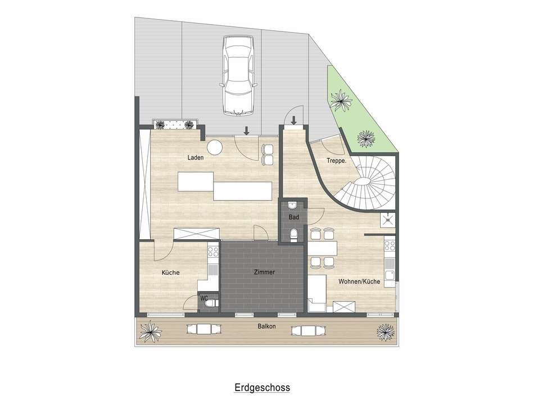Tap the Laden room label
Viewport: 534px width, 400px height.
[196, 158]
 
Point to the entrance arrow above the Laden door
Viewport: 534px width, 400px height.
[246, 130]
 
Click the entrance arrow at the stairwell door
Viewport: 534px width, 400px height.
[293, 119]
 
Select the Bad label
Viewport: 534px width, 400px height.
[293, 216]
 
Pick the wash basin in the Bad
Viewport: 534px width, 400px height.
[293, 204]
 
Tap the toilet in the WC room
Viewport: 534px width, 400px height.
[211, 304]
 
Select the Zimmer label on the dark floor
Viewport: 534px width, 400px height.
[264, 272]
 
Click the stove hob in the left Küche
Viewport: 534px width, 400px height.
[212, 251]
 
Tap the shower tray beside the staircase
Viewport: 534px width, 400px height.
[388, 221]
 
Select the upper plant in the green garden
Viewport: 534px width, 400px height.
[340, 101]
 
